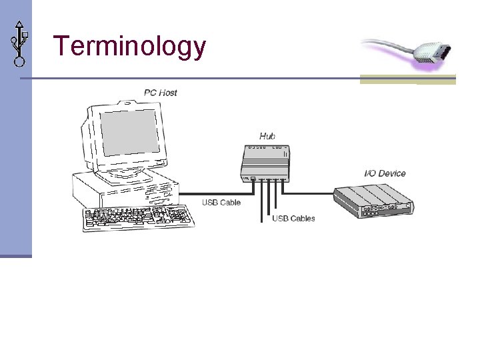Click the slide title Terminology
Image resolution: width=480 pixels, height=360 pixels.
point(129,47)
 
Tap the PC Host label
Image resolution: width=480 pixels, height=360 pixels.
point(161,93)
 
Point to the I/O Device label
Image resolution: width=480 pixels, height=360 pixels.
point(385,173)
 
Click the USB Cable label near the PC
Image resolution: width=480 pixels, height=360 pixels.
point(221,203)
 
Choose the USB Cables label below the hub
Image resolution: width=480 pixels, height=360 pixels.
point(293,218)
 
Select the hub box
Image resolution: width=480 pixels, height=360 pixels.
point(265,161)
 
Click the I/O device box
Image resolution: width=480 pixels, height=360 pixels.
point(373,200)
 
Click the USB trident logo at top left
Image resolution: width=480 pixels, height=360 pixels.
point(19,43)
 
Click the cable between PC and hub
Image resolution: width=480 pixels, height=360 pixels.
point(220,193)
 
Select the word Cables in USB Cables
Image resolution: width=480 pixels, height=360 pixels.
point(303,218)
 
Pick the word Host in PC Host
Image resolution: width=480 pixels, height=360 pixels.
point(169,93)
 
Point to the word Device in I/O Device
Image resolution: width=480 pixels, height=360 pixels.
point(393,173)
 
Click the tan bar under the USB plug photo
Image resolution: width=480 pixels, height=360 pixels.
point(407,80)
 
